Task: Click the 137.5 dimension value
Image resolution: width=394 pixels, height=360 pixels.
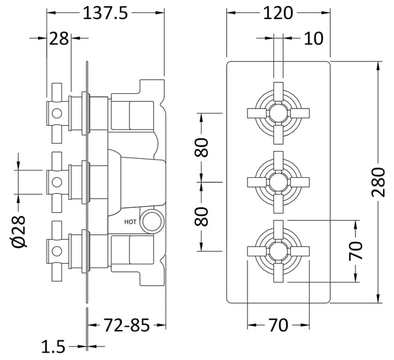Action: coord(105,13)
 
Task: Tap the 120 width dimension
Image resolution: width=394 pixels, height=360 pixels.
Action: coord(278,13)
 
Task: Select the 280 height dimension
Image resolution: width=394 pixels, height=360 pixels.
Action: coord(379,182)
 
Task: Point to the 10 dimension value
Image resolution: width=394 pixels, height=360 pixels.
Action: coord(313,39)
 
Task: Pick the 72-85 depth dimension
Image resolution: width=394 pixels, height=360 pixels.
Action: coord(126,325)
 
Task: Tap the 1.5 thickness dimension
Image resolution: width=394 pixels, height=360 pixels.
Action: coord(53,347)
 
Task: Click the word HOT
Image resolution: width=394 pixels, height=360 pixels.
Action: coord(131,222)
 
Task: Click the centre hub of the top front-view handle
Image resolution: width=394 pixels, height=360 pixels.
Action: coord(278,113)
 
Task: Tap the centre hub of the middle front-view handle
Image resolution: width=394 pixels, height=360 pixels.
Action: coord(278,182)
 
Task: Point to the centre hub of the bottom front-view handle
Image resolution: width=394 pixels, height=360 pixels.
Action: coord(278,251)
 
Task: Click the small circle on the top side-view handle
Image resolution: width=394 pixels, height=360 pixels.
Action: coord(57,113)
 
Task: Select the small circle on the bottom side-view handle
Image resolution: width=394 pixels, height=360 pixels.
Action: coord(57,251)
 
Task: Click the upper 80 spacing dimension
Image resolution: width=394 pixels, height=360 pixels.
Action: coord(201,147)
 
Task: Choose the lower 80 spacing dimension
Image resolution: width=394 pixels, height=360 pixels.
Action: coord(201,216)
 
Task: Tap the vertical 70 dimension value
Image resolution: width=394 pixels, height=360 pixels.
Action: coord(355,251)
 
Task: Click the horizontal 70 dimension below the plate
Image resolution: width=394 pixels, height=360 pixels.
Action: coord(278,325)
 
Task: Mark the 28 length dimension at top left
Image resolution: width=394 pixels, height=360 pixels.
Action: coord(59,39)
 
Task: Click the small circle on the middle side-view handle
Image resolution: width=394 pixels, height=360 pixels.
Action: coord(57,182)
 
